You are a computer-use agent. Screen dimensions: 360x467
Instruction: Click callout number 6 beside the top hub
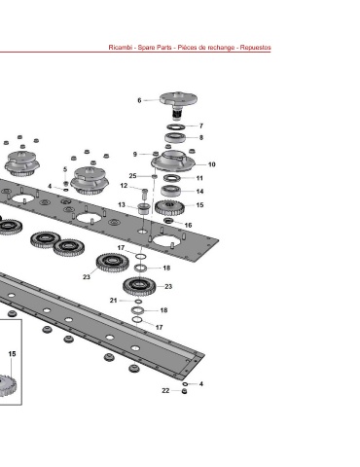click(x=139, y=100)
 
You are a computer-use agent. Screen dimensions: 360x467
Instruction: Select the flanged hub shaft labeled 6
click(x=178, y=104)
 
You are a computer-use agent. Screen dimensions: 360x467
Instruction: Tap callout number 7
click(x=201, y=126)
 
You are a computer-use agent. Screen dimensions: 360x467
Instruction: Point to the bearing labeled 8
click(x=175, y=137)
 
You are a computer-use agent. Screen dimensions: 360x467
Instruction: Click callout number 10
click(x=212, y=164)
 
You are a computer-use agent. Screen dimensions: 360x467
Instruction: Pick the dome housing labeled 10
click(x=173, y=161)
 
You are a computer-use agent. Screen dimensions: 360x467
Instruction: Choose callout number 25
click(x=132, y=176)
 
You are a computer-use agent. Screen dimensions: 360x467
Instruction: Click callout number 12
click(x=124, y=186)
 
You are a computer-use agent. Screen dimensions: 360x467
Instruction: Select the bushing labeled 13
click(x=143, y=208)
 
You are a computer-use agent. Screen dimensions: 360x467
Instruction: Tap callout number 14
click(x=200, y=192)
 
